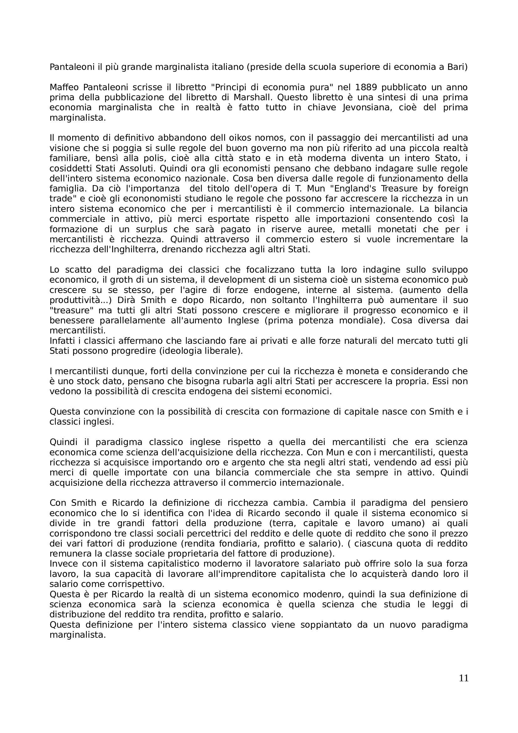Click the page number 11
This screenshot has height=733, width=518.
[x=463, y=687]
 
